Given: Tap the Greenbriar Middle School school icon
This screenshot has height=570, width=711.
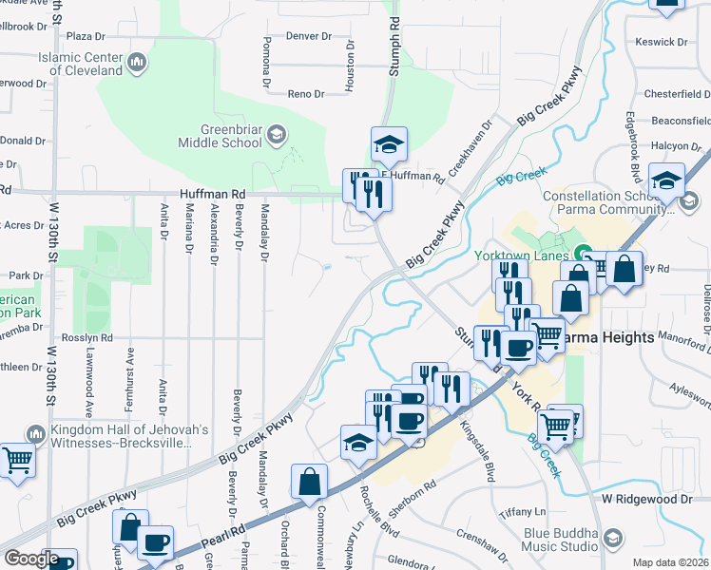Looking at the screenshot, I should (277, 132).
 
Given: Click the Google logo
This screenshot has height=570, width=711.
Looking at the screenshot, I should (30, 559).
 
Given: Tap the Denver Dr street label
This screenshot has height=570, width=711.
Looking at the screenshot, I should (309, 36).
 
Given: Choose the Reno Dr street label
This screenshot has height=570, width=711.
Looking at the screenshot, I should (306, 94).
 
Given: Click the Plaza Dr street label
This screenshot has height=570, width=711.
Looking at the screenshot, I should (85, 36).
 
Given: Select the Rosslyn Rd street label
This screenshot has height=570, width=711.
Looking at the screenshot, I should (87, 337).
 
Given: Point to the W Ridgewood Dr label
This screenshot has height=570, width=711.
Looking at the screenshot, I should (646, 499).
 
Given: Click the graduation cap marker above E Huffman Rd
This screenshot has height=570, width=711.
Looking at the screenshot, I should (388, 144).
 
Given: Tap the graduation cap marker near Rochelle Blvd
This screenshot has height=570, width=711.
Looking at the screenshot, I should (358, 442).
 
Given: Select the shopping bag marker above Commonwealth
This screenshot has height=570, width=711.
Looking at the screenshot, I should (310, 482).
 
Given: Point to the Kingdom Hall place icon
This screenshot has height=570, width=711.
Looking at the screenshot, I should (36, 434).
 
